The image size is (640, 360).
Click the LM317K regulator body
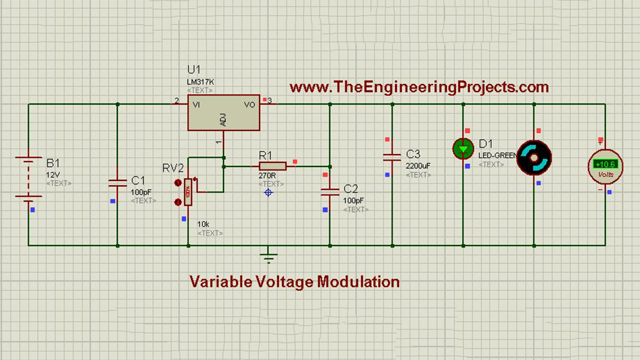(x=223, y=113)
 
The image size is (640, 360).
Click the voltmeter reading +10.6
(x=606, y=164)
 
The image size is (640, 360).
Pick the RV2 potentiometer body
(x=188, y=193)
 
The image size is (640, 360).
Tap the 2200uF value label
(x=418, y=166)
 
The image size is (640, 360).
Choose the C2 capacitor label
(x=351, y=189)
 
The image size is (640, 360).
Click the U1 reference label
(x=195, y=70)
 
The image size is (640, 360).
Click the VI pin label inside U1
(x=196, y=105)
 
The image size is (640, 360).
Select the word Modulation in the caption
(x=358, y=281)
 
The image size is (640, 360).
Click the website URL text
(x=419, y=86)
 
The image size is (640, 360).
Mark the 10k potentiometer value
(x=203, y=223)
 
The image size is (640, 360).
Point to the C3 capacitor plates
(x=392, y=156)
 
